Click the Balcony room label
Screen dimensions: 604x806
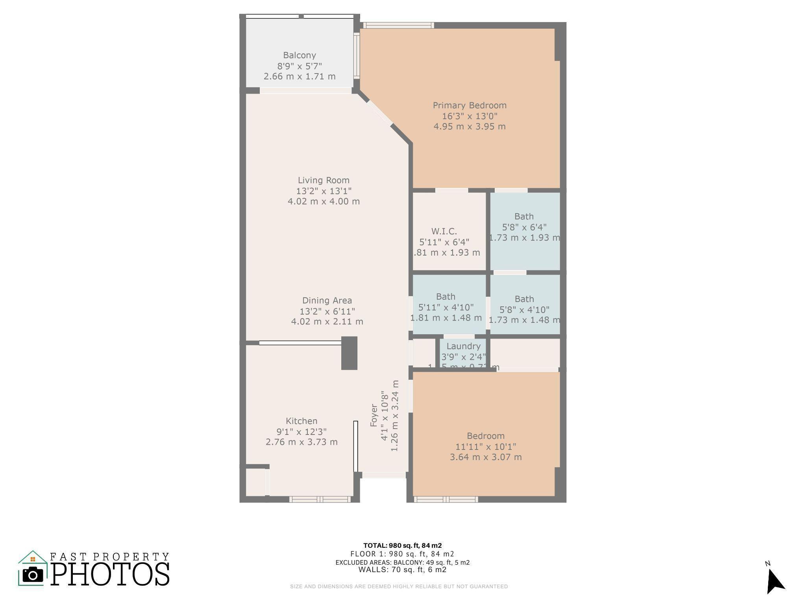point(299,55)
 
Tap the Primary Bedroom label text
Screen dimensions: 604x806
point(470,105)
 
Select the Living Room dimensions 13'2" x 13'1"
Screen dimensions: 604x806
point(324,191)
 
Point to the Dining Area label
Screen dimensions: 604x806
point(327,300)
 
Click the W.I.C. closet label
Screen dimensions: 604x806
point(444,231)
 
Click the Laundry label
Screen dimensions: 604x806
point(463,346)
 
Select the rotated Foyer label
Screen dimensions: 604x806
point(374,415)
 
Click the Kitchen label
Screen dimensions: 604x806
point(301,421)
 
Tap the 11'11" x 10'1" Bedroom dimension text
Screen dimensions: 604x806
point(486,447)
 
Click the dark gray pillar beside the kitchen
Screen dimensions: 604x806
point(349,353)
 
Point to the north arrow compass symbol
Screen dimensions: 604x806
point(775,580)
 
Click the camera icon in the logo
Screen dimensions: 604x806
point(33,575)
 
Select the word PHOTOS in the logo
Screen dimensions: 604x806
point(110,574)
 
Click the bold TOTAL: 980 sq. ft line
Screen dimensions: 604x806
point(402,545)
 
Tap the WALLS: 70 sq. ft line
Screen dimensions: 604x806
point(402,569)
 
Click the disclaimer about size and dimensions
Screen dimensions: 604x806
point(399,586)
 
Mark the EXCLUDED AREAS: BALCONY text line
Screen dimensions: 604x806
point(402,562)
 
